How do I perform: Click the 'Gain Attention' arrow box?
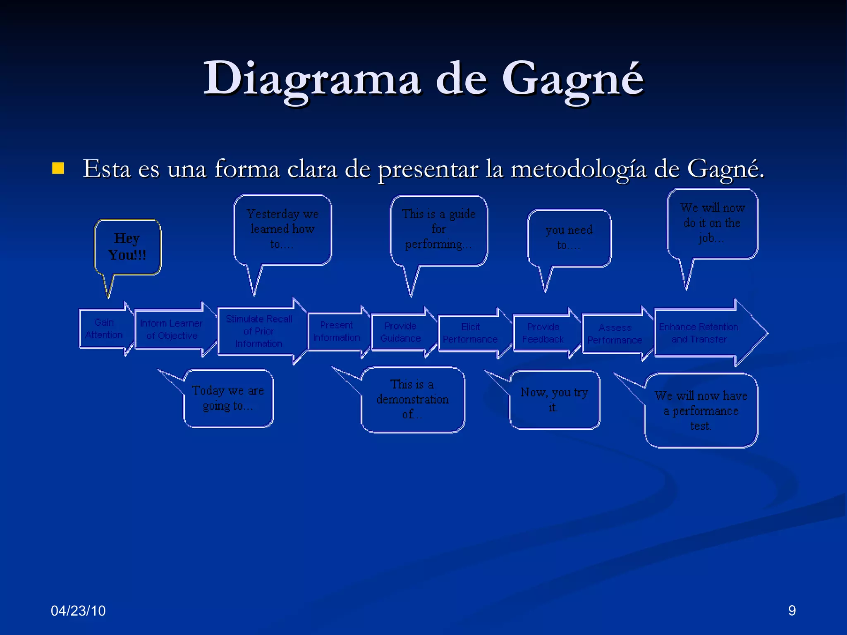(x=104, y=329)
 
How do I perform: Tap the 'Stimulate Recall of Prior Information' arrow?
(x=259, y=331)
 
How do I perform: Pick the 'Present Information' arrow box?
(x=336, y=332)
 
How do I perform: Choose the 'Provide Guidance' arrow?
(x=400, y=332)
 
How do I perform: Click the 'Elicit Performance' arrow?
(x=470, y=333)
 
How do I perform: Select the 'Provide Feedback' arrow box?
(x=543, y=333)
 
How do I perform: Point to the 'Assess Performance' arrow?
(x=615, y=334)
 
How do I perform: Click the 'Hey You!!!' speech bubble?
(x=127, y=247)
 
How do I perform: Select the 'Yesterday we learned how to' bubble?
(x=282, y=229)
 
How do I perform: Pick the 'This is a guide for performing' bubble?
(x=438, y=230)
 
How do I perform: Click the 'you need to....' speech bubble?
(x=569, y=238)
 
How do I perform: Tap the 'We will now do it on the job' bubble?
(x=712, y=223)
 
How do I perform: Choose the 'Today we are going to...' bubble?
(x=228, y=398)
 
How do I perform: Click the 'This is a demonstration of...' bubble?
(x=412, y=399)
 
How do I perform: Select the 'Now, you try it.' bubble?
(x=554, y=399)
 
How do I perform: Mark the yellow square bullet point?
(x=58, y=168)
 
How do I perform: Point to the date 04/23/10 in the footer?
(x=78, y=611)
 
